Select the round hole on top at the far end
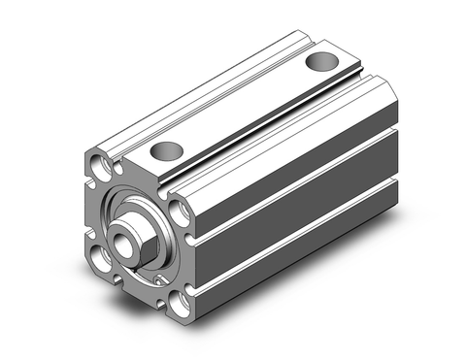point(317,63)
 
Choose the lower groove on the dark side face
point(311,238)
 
